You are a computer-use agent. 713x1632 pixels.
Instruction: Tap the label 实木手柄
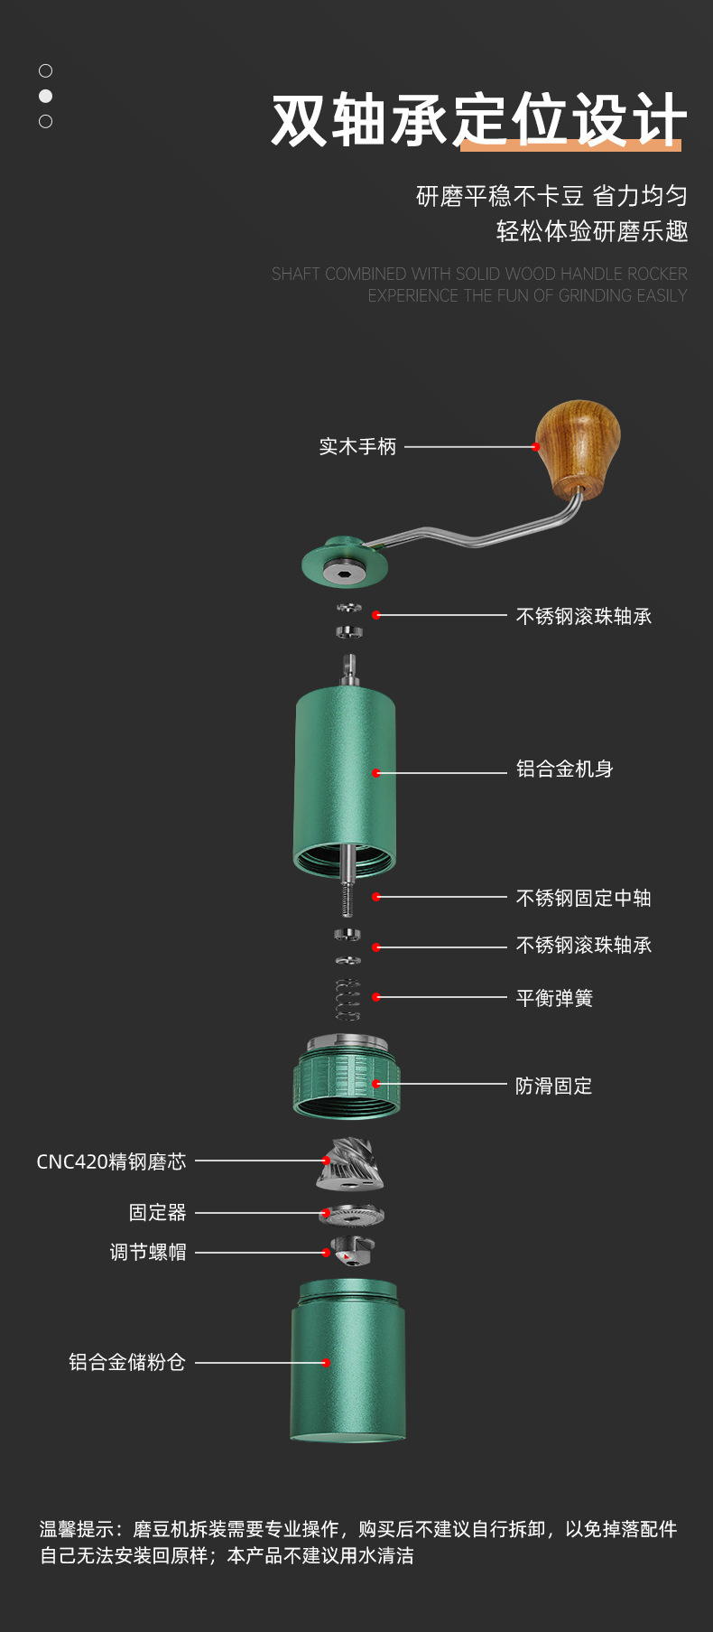point(357,446)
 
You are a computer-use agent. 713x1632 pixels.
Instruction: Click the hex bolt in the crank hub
point(344,572)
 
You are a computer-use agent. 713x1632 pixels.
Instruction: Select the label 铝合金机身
point(564,769)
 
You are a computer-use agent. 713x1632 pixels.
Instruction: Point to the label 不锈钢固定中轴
point(583,898)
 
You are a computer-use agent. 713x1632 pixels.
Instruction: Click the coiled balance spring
point(347,999)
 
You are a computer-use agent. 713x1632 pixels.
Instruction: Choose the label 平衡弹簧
point(554,998)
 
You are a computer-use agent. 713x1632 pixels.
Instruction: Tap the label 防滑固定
point(553,1086)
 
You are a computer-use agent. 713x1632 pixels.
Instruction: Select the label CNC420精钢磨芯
point(111,1161)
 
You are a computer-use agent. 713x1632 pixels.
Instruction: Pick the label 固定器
point(157,1212)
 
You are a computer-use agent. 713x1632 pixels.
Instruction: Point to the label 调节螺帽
point(148,1252)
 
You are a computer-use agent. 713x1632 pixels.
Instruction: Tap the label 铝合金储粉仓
point(127,1362)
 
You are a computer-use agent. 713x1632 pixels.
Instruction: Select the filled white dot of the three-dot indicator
point(46,96)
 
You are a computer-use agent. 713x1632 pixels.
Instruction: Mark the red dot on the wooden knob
point(536,447)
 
